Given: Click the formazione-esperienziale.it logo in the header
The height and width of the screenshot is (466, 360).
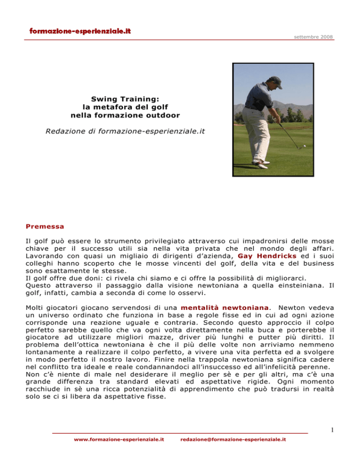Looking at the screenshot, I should [x=80, y=31].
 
